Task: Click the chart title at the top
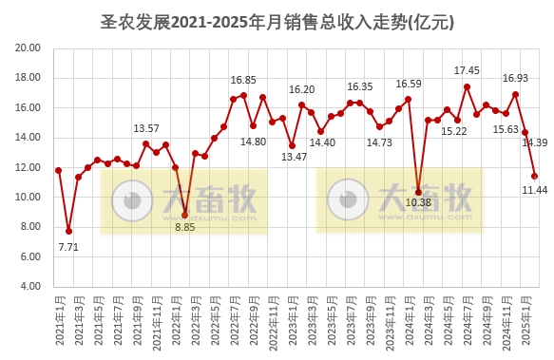pos(277,21)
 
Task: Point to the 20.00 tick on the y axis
pos(28,48)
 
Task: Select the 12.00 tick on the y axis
pos(28,167)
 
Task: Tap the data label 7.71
pos(68,247)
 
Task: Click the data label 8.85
pos(184,227)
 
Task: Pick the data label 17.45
pos(467,70)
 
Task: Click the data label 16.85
pos(244,80)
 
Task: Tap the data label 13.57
pos(146,128)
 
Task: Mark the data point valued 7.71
pos(68,231)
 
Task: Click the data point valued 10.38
pos(418,192)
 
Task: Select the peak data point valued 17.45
pos(467,86)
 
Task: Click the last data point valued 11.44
pos(535,176)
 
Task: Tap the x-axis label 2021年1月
pos(59,322)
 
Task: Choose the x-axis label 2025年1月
pos(525,322)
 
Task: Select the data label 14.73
pos(379,142)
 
